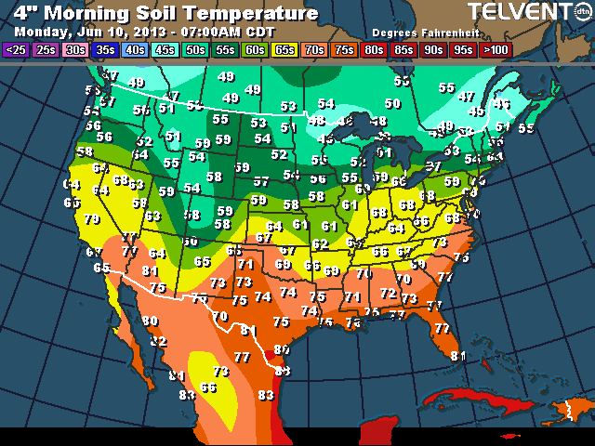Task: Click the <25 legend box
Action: point(16,50)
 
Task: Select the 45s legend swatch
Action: point(165,50)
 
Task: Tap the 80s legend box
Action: point(375,50)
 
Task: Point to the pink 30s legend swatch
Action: point(75,50)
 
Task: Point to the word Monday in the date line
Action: point(36,31)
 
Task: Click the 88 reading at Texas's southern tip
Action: point(283,371)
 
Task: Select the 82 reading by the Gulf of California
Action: point(159,342)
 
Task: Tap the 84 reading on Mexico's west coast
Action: point(177,375)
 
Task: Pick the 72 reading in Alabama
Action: point(387,294)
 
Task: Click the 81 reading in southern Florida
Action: point(457,355)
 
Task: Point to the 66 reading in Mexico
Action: point(208,387)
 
